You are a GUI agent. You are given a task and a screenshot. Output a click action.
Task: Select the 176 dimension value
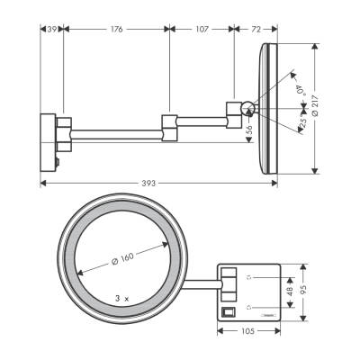116,30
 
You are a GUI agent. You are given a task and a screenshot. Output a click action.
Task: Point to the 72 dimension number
255,30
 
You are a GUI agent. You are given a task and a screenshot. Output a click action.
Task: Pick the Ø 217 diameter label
327,108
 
